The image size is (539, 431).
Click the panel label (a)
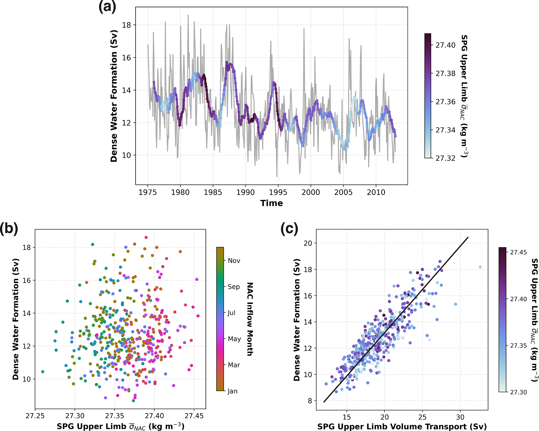(107, 7)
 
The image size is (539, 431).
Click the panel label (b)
(9, 229)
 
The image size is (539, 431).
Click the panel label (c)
(289, 229)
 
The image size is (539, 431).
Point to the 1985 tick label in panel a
(213, 193)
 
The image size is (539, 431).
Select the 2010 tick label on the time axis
(376, 193)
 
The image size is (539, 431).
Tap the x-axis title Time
(271, 203)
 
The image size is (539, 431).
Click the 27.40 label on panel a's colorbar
(445, 45)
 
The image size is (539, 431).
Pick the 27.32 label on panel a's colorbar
(445, 158)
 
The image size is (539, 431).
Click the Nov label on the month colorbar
(234, 261)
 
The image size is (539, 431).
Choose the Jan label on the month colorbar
(232, 391)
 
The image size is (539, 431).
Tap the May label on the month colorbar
(234, 339)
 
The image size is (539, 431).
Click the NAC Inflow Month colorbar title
(250, 319)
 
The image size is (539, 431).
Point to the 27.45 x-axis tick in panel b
(194, 416)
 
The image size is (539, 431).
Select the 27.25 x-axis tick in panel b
(35, 416)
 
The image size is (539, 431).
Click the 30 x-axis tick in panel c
(460, 417)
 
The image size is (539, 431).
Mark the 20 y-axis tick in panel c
(308, 243)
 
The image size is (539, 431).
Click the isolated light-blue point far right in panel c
(480, 267)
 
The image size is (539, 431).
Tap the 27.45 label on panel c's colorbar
(518, 252)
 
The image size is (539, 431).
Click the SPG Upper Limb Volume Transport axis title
(402, 427)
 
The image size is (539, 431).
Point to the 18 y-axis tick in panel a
(126, 25)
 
